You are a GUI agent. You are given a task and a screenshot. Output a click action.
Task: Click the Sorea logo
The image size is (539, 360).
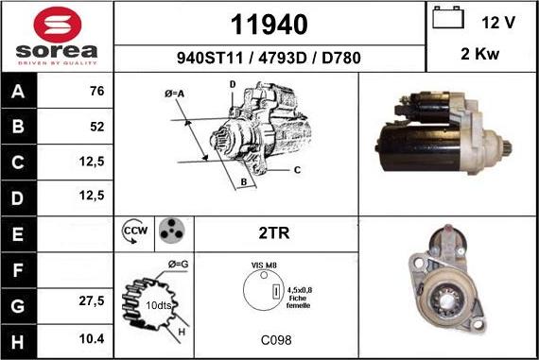point(57,36)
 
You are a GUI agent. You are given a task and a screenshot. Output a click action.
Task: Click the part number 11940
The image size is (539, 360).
point(269,23)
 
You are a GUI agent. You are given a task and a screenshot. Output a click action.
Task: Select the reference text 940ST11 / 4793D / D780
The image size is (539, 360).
point(269,57)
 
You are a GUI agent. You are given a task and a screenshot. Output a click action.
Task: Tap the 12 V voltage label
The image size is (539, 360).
point(497,20)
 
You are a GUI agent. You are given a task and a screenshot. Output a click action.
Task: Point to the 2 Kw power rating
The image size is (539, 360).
point(480,54)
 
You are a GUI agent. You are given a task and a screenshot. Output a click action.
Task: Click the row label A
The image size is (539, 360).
point(20,93)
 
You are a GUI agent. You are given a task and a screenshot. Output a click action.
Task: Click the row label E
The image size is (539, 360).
point(20,231)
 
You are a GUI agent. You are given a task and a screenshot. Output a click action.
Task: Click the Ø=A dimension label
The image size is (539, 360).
point(172,94)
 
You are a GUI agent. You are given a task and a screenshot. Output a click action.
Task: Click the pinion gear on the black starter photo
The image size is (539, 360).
point(507,146)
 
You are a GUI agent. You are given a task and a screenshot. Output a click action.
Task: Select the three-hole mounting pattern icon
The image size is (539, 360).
point(170,231)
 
